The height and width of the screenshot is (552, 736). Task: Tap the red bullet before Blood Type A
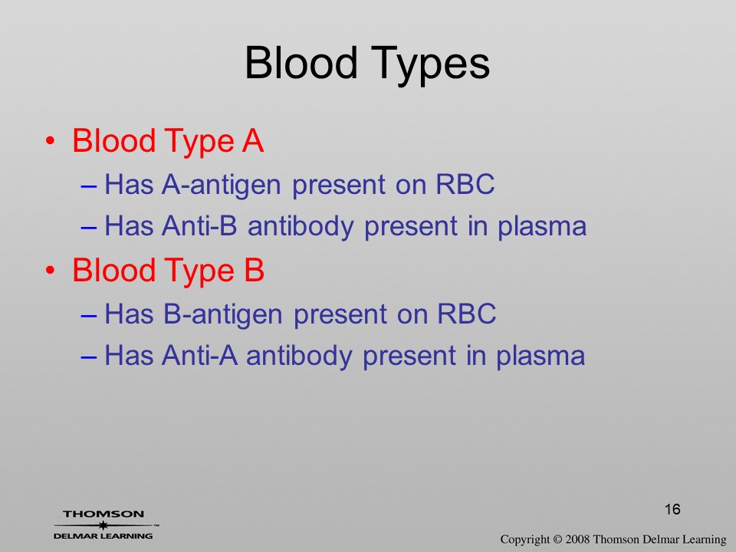tap(51, 141)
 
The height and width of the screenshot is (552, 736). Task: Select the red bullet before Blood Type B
tap(51, 271)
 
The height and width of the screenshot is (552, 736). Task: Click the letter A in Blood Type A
tap(252, 140)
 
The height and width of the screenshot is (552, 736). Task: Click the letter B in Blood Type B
tap(254, 270)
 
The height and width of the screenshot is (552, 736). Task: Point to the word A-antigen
tap(221, 185)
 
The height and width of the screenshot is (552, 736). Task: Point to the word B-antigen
tap(223, 314)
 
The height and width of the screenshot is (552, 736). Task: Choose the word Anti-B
tap(199, 225)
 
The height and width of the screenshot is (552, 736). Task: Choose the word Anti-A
tap(199, 355)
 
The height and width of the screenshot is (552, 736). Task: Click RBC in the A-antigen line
tap(465, 183)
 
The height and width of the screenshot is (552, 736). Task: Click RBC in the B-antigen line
tap(467, 313)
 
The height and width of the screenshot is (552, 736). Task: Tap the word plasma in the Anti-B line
tap(542, 227)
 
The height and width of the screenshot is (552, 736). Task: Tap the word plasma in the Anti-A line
tap(540, 356)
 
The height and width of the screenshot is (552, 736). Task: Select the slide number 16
tap(672, 509)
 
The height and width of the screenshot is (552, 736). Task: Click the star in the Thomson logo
tap(103, 525)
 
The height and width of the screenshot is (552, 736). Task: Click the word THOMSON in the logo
tap(103, 514)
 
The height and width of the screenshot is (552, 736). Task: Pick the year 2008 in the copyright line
tap(577, 539)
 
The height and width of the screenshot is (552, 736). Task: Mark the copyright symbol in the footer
tap(557, 539)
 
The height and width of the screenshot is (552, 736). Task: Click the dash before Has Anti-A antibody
tap(89, 356)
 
